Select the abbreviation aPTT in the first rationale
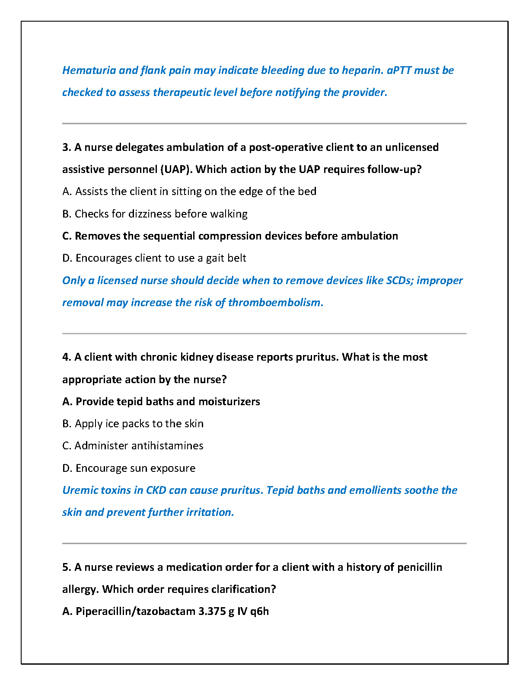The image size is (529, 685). click(398, 70)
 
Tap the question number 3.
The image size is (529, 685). click(66, 147)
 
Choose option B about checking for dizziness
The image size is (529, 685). click(155, 214)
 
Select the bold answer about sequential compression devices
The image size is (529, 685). click(230, 236)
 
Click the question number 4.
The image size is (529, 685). click(66, 357)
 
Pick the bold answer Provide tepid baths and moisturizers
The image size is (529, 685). click(161, 402)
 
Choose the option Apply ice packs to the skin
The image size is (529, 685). click(133, 424)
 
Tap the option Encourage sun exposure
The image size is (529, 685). click(129, 468)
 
